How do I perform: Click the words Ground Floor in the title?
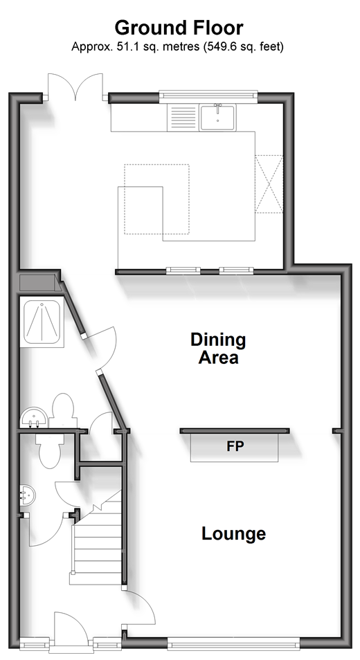[179, 28]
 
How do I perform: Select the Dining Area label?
[218, 348]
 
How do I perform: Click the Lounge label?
[234, 533]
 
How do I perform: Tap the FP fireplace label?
[235, 446]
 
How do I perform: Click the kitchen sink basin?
[217, 118]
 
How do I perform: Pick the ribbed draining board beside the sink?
[182, 118]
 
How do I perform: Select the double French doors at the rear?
[75, 87]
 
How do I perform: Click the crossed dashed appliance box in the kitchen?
[269, 184]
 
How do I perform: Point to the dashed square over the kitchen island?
[156, 199]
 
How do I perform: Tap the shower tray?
[42, 322]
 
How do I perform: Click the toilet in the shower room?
[62, 410]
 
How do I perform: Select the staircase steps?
[97, 538]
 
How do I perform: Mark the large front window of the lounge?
[234, 643]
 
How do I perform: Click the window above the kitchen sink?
[208, 96]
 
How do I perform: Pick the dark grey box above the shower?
[38, 282]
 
